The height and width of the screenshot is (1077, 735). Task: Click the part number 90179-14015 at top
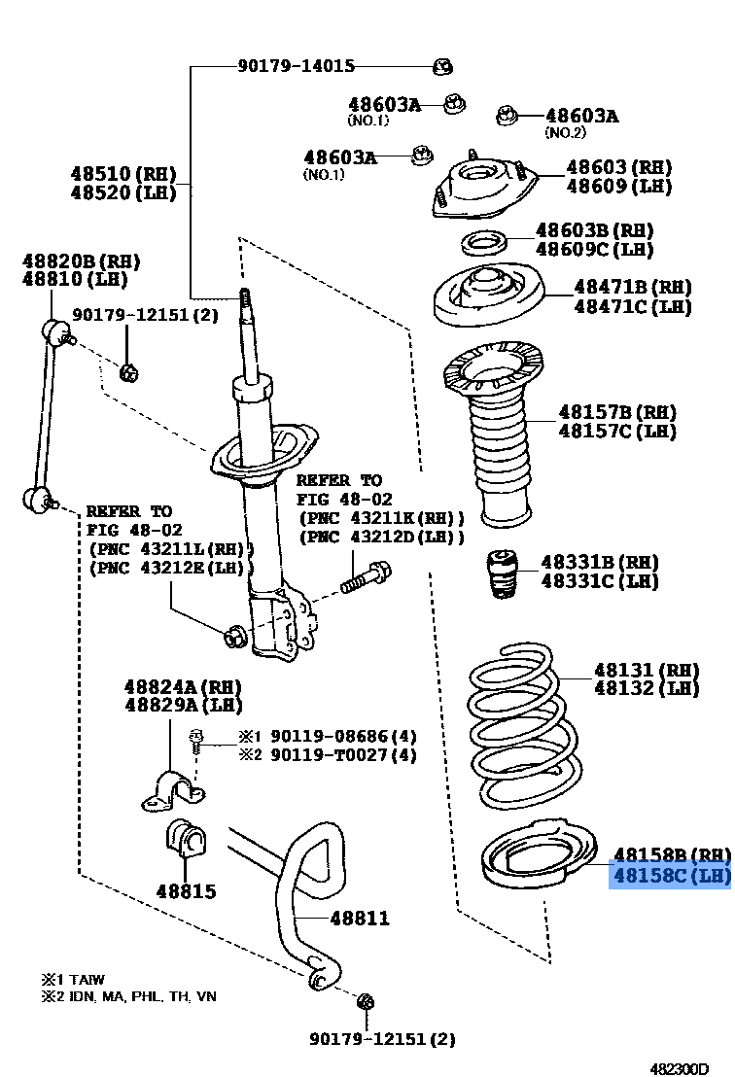[x=296, y=66]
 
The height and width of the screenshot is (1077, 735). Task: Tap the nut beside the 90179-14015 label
[x=442, y=66]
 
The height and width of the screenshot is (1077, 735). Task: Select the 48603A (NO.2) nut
[x=507, y=116]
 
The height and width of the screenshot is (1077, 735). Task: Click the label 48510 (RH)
[x=122, y=174]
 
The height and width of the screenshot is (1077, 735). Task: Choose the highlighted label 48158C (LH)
[x=670, y=876]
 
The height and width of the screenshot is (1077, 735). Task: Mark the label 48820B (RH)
[x=82, y=261]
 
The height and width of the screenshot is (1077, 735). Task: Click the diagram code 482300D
[x=681, y=1067]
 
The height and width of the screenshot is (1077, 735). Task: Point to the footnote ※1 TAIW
[x=72, y=980]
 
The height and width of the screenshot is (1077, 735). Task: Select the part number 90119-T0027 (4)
[x=342, y=755]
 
